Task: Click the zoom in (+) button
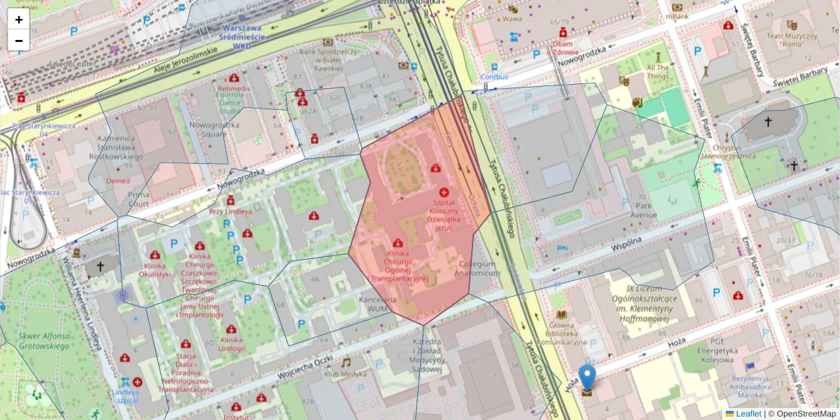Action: coord(19,20)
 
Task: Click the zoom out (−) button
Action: coord(19,40)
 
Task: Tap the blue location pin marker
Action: coord(587,378)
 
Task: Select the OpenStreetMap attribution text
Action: coord(805,414)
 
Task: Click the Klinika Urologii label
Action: coord(231,344)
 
